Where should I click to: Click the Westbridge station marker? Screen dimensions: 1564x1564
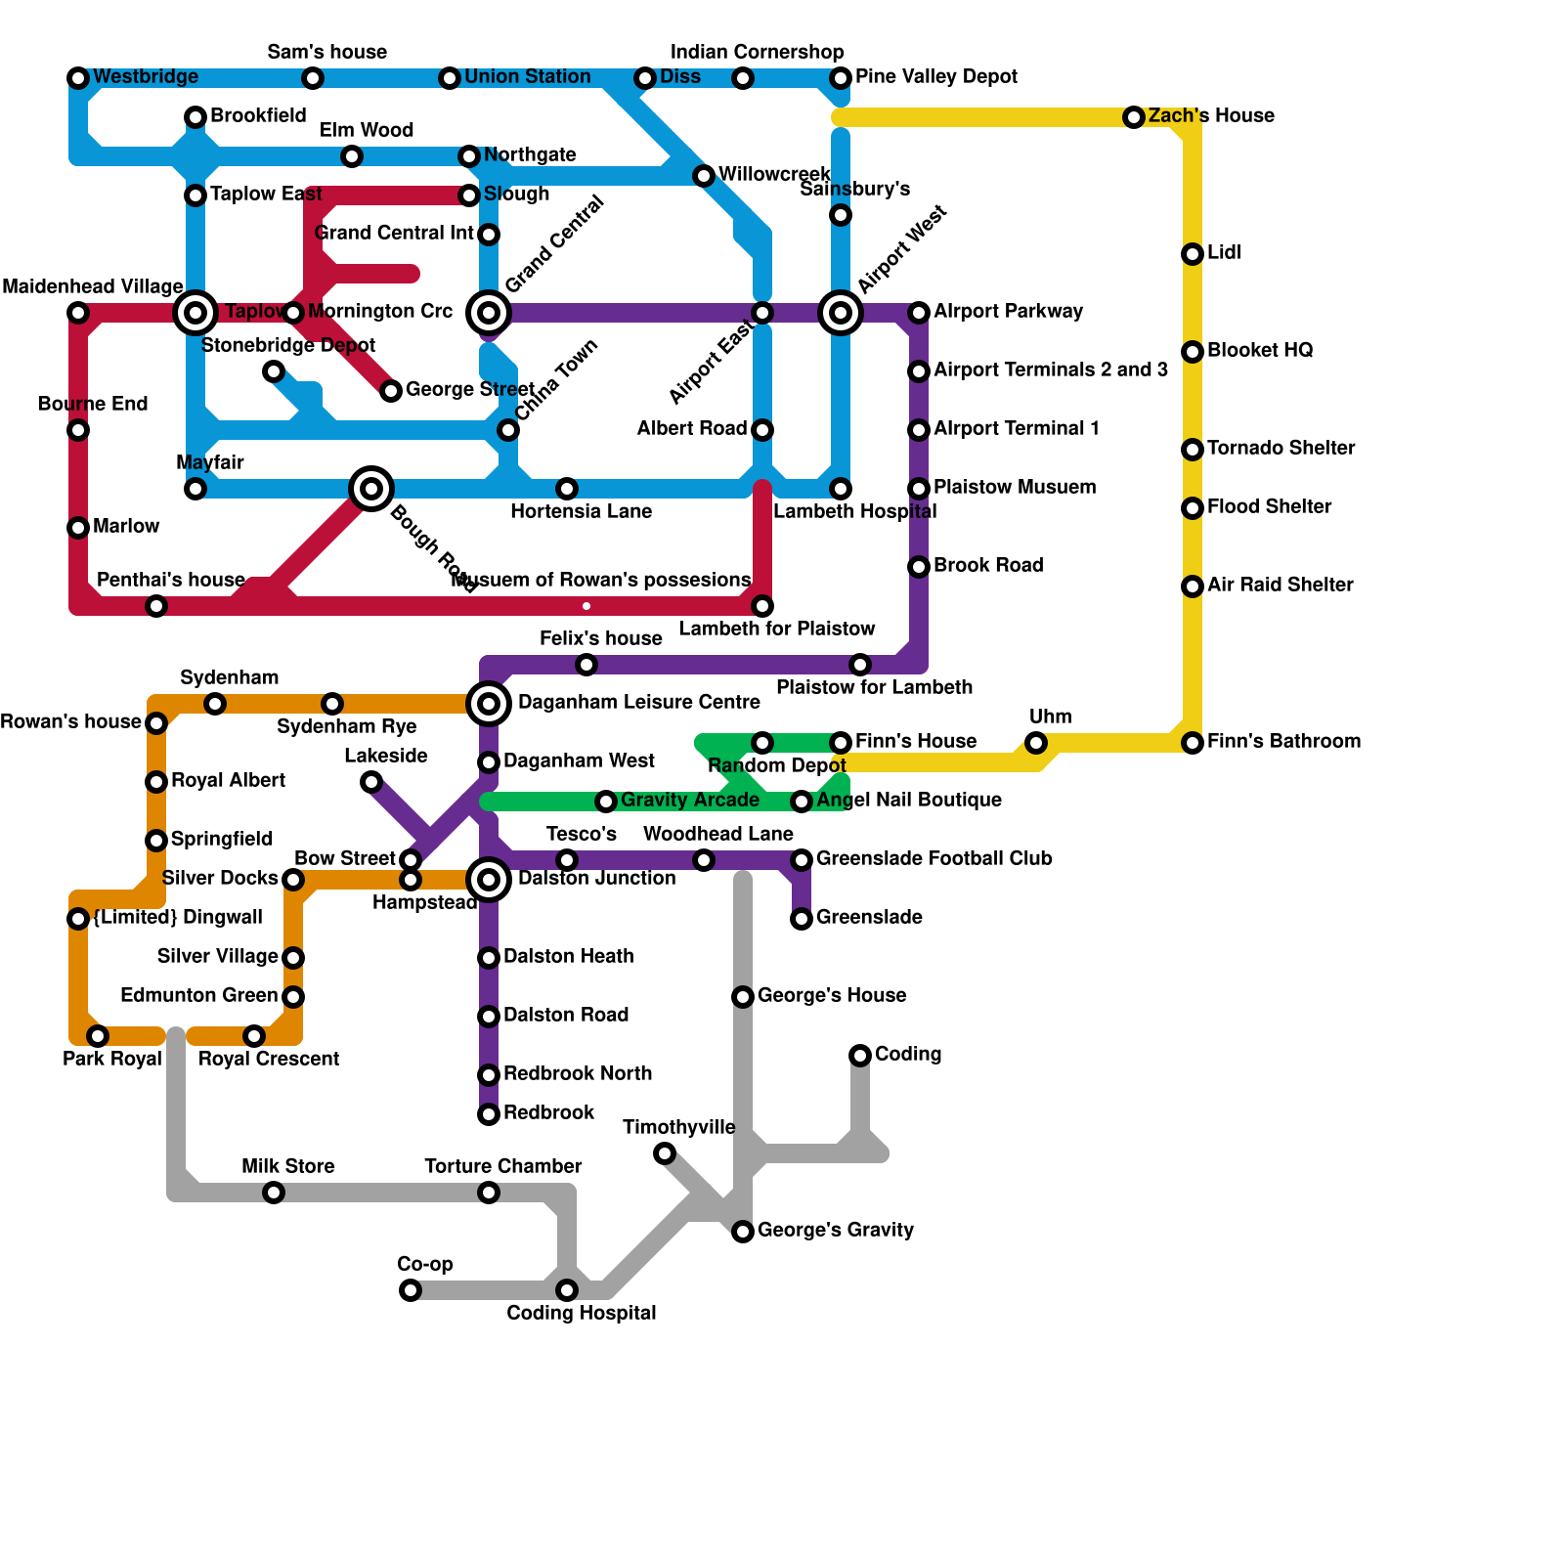(78, 78)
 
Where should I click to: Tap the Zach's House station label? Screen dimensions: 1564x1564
(1211, 116)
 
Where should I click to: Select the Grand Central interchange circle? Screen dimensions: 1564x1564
(489, 313)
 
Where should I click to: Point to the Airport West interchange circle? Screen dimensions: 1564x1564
(841, 313)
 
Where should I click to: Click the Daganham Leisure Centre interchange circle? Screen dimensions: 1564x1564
(489, 704)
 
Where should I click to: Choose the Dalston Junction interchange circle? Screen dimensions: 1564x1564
(489, 880)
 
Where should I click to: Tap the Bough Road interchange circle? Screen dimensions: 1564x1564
(371, 489)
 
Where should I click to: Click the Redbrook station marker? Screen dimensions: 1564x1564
(489, 1114)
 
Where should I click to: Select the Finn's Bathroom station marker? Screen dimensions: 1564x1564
(1193, 743)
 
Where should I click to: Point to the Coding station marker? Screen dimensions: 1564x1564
(860, 1056)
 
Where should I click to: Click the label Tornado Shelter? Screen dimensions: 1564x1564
(1281, 449)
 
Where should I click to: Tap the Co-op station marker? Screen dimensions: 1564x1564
(411, 1290)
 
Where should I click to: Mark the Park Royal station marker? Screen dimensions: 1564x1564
(98, 1036)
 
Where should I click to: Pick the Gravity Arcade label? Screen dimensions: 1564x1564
(689, 801)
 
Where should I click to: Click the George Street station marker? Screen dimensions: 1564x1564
(391, 391)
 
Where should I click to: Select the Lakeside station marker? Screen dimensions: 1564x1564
(371, 782)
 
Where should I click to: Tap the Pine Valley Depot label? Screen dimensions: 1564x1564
(935, 77)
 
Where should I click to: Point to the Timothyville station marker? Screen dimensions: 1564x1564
(665, 1153)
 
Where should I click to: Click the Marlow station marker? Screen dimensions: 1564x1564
(78, 528)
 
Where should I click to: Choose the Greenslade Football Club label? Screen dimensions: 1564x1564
(934, 859)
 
